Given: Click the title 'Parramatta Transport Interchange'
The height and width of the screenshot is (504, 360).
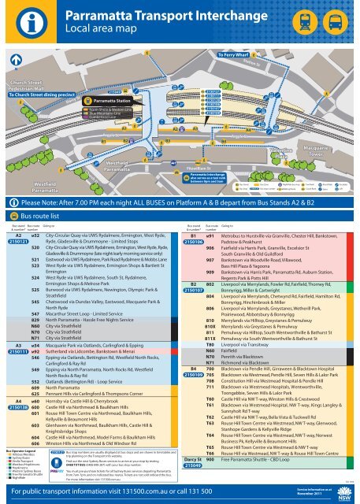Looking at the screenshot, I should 158,15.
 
